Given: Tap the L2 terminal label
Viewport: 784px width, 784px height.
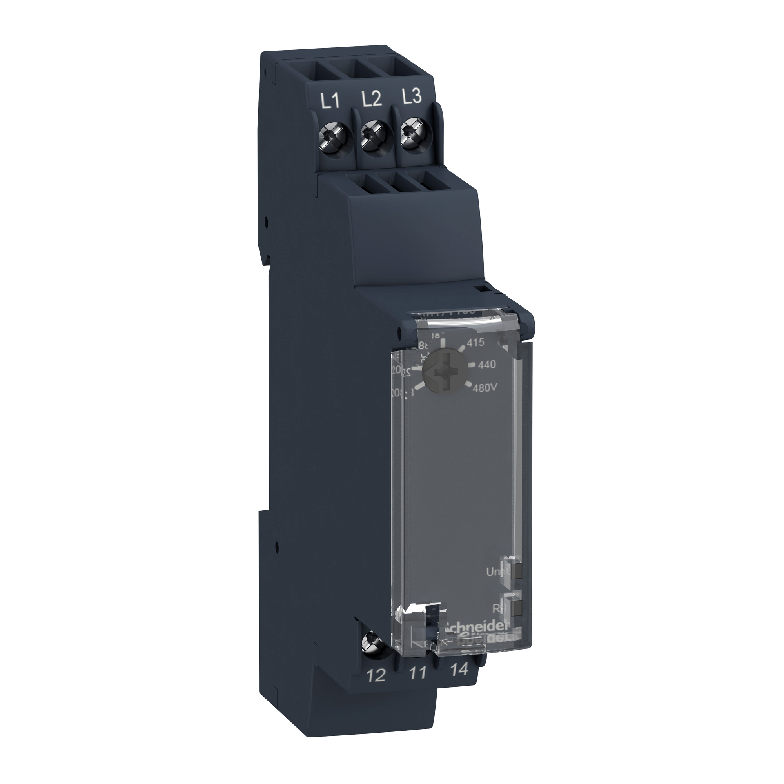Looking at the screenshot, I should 371,100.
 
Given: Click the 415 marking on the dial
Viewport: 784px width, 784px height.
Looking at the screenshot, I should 475,343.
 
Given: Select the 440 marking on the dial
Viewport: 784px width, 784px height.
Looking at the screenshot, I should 486,365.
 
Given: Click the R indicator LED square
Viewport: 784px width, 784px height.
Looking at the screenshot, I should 516,620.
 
